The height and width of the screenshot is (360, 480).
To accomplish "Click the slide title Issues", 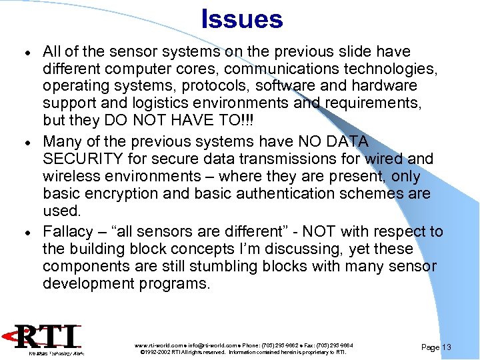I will (x=241, y=19).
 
